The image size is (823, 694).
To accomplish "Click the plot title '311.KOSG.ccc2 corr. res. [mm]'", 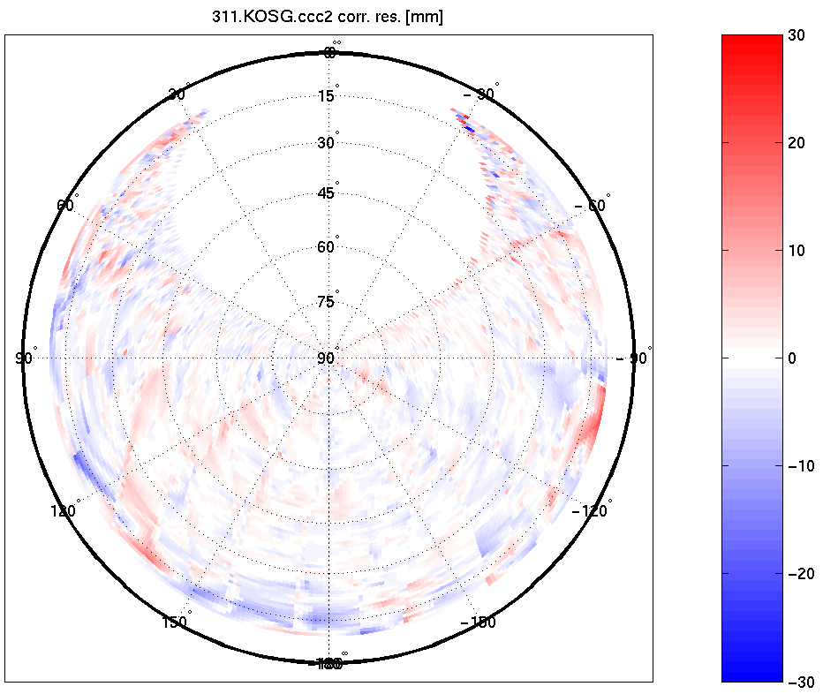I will click(x=328, y=17).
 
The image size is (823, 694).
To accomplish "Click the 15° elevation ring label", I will click(x=327, y=96).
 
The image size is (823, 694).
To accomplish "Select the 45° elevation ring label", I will click(x=327, y=193).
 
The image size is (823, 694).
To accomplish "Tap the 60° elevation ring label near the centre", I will click(x=327, y=247).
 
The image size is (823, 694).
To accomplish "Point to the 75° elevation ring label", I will click(x=327, y=302).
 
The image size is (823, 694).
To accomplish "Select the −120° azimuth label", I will click(x=592, y=511).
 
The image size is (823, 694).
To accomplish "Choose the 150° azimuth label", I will click(x=176, y=622).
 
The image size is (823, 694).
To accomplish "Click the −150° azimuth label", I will click(x=479, y=622).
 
